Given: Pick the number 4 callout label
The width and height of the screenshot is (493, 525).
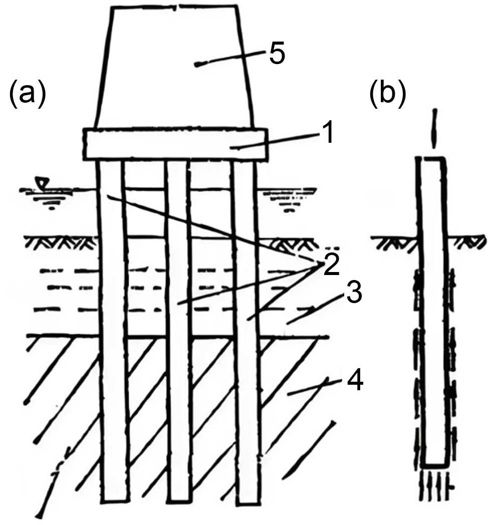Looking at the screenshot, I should (354, 383).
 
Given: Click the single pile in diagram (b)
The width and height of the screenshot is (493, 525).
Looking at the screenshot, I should (433, 311).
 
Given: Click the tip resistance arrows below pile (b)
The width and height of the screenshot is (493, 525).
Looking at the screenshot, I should (434, 483).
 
